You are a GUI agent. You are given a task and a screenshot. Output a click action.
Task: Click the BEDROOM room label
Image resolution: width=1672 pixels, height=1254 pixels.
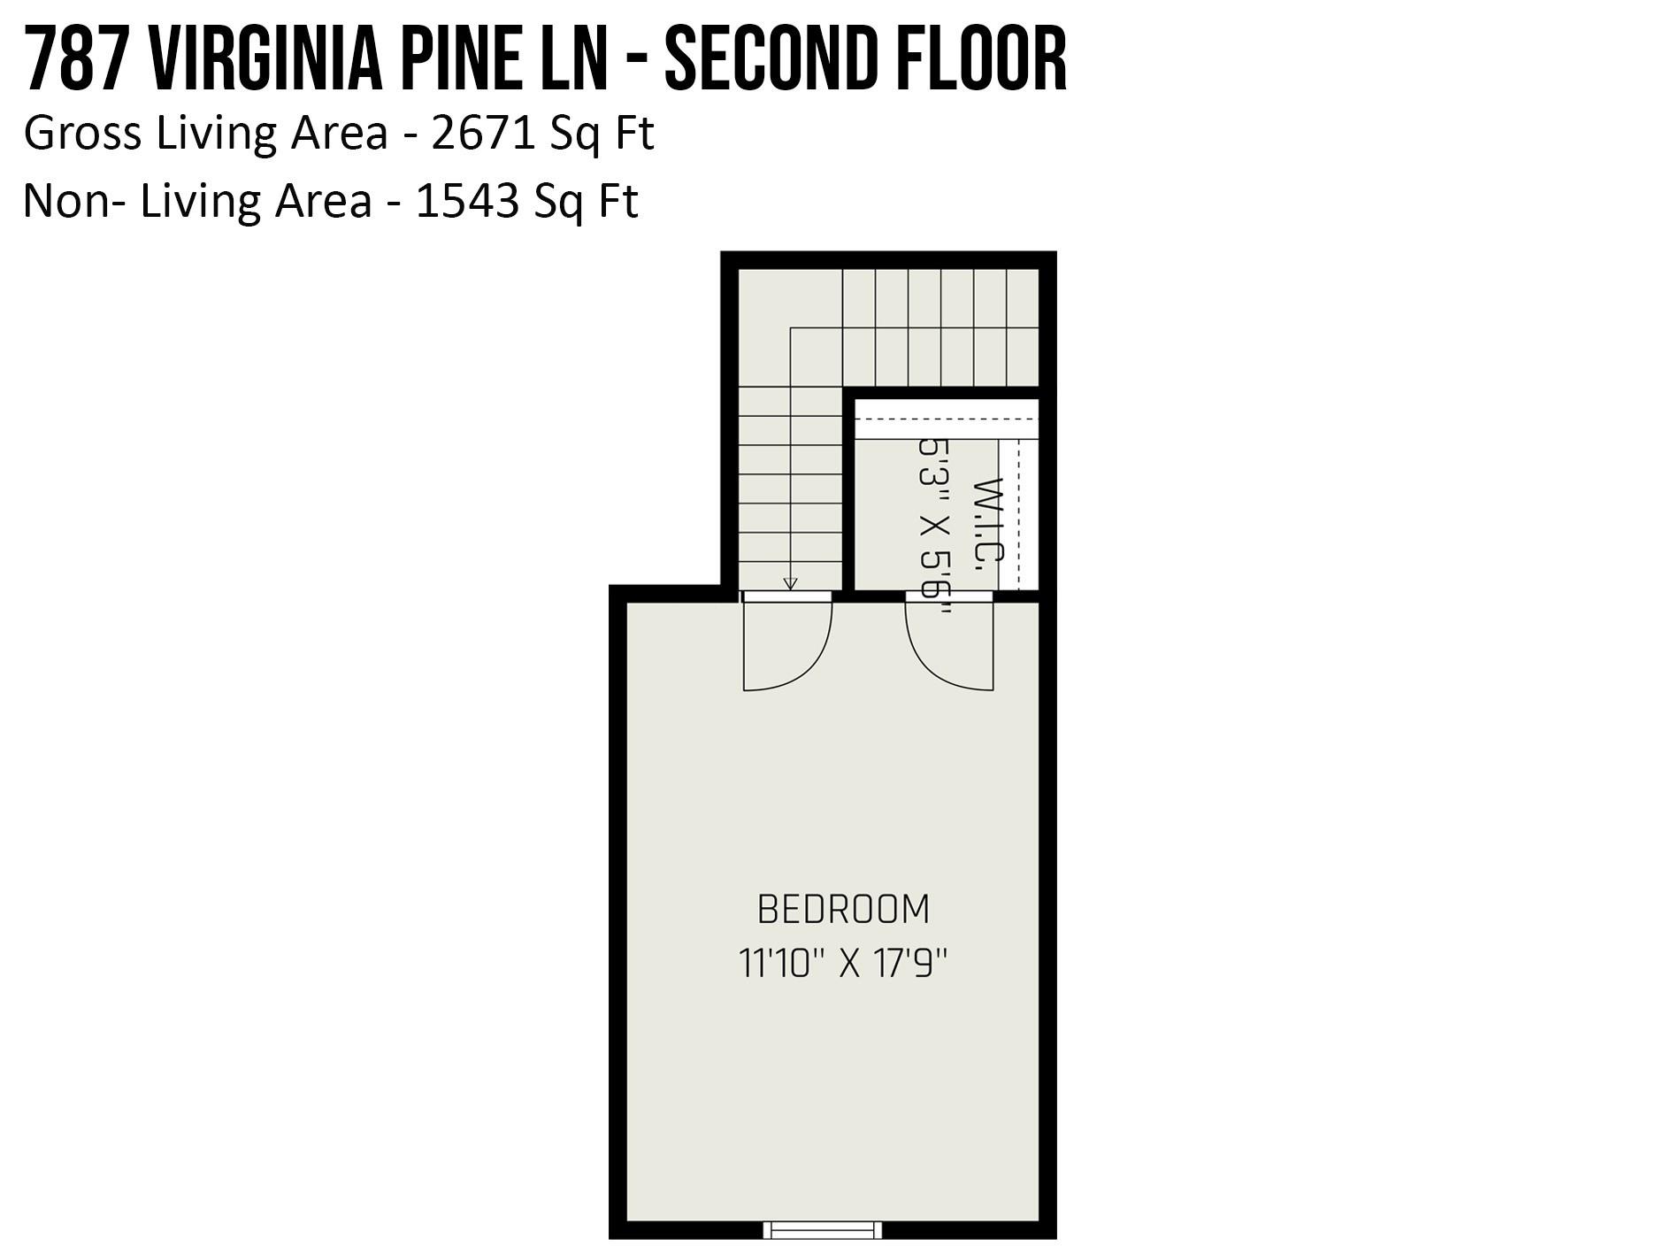click(843, 910)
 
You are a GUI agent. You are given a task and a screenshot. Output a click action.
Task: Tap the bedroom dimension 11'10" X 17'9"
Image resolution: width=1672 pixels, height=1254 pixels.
click(843, 963)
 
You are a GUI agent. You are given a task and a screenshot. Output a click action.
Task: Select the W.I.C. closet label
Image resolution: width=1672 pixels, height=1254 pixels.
click(988, 524)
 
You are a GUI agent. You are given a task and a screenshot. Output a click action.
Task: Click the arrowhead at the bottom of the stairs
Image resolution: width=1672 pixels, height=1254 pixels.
click(790, 584)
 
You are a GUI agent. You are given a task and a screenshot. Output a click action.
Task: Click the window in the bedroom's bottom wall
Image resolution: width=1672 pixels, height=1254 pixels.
click(823, 1229)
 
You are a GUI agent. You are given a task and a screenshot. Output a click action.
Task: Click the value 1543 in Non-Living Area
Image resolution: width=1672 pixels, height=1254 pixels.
click(467, 201)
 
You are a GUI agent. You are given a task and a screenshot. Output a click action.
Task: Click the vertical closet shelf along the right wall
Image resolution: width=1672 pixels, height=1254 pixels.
click(1017, 513)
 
